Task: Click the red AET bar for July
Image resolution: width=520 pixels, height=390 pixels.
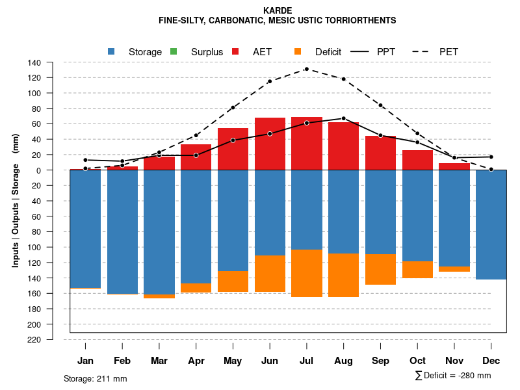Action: tap(307, 144)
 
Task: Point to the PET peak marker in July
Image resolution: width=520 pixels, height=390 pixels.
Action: tap(307, 69)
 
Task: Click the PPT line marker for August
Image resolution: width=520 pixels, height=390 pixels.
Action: tap(344, 118)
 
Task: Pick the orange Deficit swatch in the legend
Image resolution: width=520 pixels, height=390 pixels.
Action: tap(298, 51)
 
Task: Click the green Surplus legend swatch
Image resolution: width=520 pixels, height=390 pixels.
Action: tap(174, 51)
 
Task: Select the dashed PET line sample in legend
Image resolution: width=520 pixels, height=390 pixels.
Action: tap(424, 51)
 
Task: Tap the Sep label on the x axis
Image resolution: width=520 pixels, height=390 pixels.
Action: tap(381, 361)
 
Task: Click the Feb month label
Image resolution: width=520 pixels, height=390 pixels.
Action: tap(122, 361)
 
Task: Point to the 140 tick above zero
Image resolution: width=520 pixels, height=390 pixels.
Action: tap(35, 62)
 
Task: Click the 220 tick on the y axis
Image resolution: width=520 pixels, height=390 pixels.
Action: tap(35, 339)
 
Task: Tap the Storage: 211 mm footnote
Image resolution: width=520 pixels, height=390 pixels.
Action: tap(96, 378)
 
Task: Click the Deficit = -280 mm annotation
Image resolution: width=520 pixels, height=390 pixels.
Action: tap(453, 376)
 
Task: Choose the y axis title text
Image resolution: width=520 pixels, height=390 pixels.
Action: tap(16, 200)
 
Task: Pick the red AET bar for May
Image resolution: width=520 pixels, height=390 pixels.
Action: tap(233, 149)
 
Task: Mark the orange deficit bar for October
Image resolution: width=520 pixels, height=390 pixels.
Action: tap(418, 270)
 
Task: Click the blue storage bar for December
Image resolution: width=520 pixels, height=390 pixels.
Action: tap(491, 224)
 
